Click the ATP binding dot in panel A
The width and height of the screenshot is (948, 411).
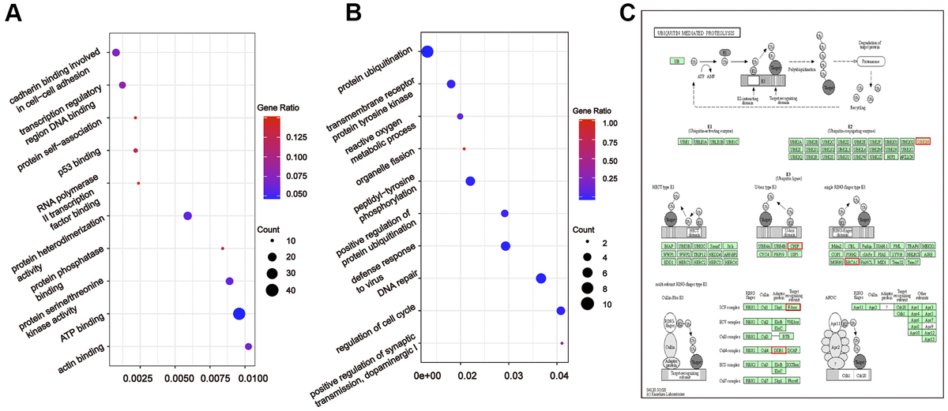click(x=239, y=314)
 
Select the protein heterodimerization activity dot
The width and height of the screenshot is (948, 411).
click(x=187, y=216)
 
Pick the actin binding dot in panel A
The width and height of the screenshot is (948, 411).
click(x=249, y=346)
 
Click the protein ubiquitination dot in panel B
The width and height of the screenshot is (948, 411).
click(x=427, y=52)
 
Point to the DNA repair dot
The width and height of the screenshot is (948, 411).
click(x=541, y=278)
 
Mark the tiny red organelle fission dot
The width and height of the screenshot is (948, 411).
click(x=464, y=148)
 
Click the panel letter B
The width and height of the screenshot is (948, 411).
click(x=355, y=15)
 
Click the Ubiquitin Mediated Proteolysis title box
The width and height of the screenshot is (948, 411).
click(x=693, y=33)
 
